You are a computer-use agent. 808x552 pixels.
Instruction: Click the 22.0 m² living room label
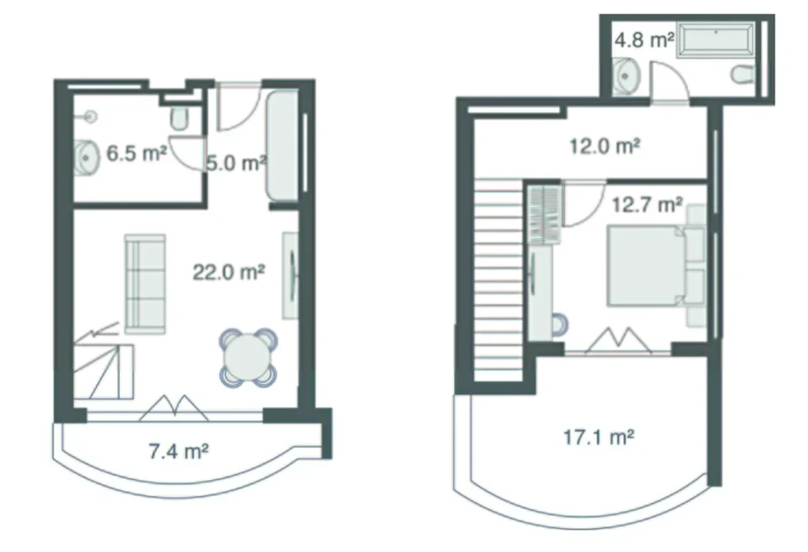tap(228, 272)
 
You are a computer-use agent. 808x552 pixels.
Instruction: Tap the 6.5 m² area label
tap(137, 153)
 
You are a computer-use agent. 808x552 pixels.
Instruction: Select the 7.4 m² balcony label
tap(178, 452)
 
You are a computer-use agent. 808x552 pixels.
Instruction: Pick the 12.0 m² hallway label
tap(604, 146)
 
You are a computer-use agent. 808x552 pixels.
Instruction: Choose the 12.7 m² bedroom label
tap(647, 205)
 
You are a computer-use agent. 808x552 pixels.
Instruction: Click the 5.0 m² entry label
tap(234, 163)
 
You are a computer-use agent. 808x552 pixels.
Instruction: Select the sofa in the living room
tap(144, 283)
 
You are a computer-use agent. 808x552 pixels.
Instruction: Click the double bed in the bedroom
tap(645, 265)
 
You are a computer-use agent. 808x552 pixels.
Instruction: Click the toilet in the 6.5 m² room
tap(179, 118)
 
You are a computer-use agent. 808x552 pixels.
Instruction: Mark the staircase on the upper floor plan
tap(499, 280)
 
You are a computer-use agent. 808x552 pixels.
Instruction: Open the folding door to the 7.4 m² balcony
tap(173, 407)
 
